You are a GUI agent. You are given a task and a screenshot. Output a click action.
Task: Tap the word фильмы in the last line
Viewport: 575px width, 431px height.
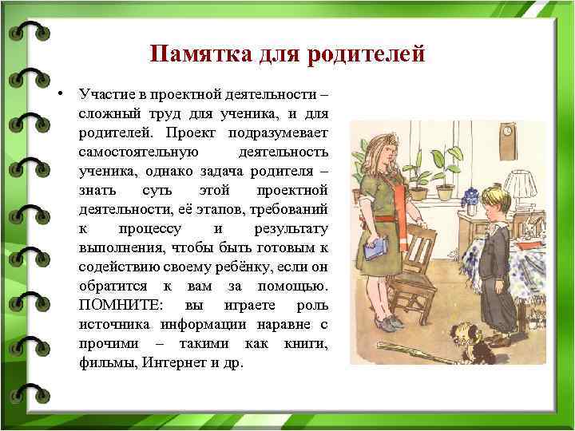104,362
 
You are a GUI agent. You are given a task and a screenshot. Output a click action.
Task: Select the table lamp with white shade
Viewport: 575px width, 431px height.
523,186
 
